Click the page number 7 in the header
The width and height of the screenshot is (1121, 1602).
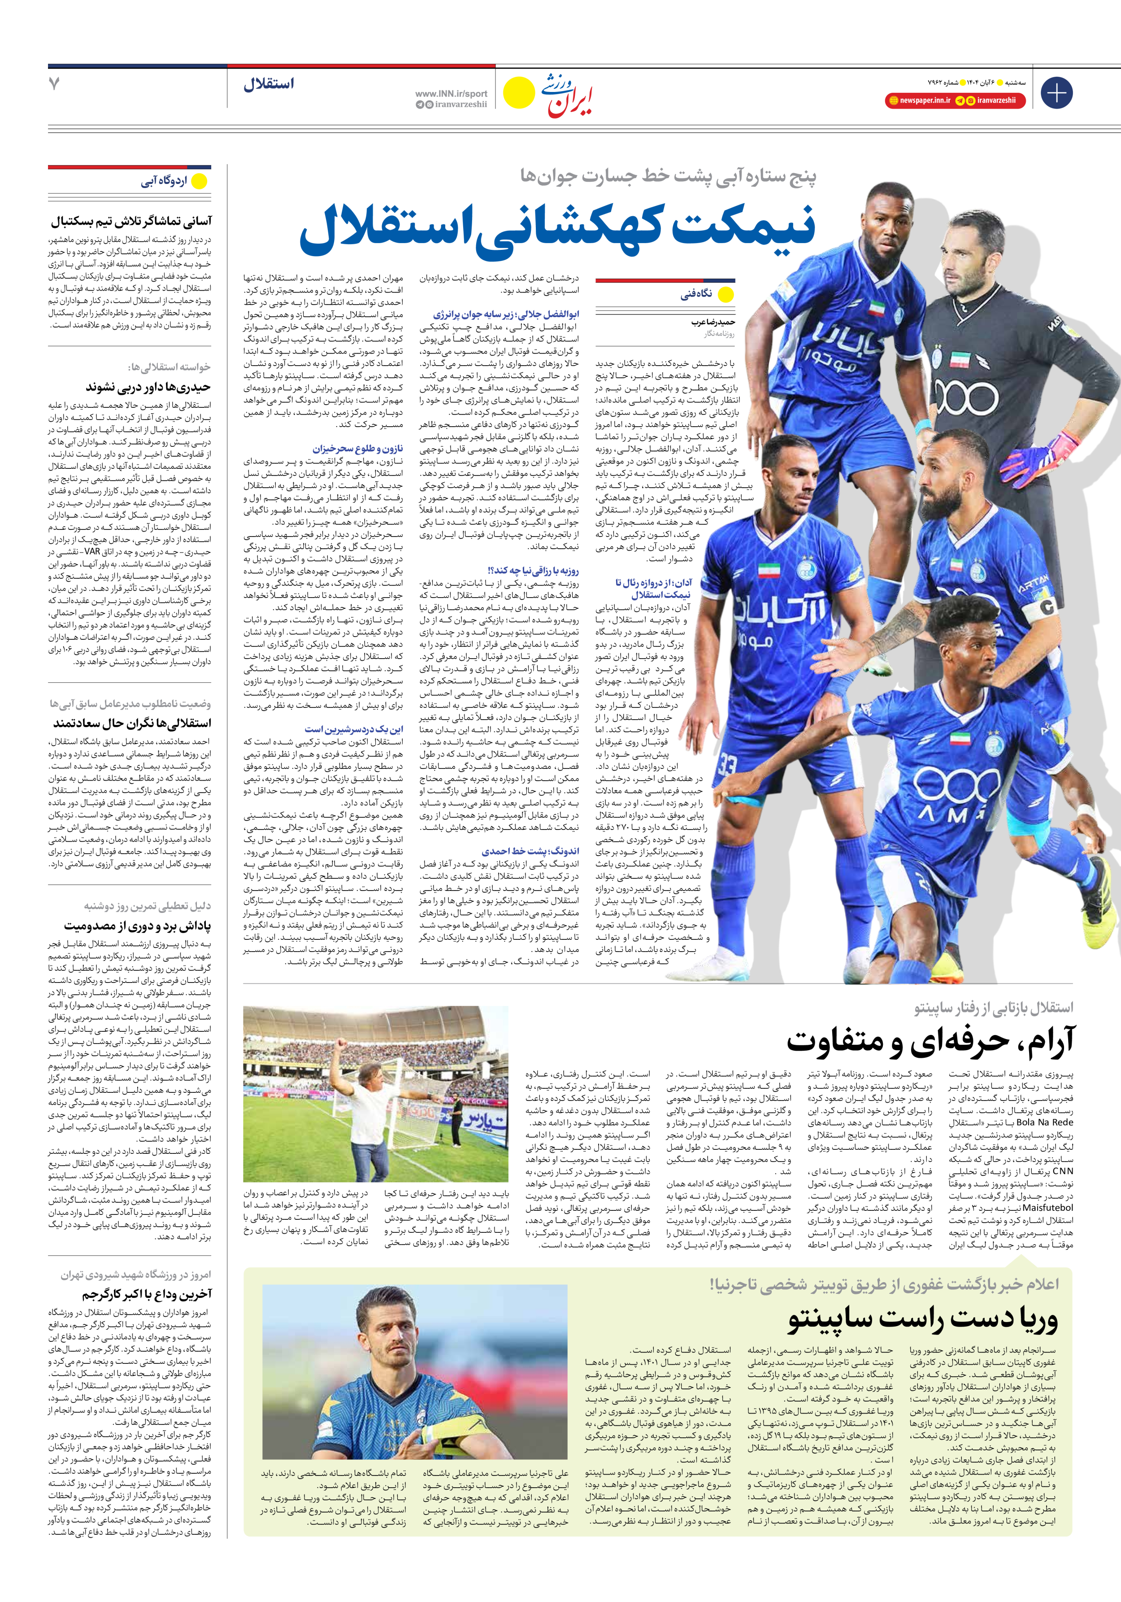click(x=54, y=84)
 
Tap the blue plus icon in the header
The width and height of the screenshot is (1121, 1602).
click(x=1056, y=93)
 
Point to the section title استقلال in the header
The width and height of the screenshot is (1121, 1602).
click(x=269, y=84)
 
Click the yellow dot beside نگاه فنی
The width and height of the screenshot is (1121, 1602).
click(x=726, y=294)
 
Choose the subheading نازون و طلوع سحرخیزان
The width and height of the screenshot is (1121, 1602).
click(x=358, y=449)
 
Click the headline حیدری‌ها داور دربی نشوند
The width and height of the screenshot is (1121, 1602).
click(x=148, y=387)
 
